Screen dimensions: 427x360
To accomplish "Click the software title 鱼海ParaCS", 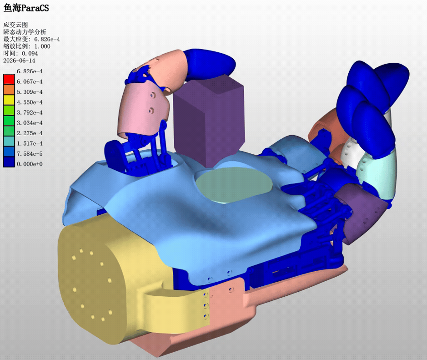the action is (x=26, y=8).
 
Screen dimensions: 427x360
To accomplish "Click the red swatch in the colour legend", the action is (x=9, y=79).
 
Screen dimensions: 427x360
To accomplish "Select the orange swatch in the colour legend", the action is (x=9, y=90).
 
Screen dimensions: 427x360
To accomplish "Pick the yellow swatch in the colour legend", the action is (x=9, y=100).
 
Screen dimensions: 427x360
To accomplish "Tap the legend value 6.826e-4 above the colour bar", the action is (x=30, y=71).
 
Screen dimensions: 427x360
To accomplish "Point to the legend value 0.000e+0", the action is (x=30, y=164).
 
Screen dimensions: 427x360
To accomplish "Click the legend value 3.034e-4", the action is (x=30, y=123).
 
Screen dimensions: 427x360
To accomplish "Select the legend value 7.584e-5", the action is (x=30, y=154).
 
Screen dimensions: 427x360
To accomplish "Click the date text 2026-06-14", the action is (x=19, y=61).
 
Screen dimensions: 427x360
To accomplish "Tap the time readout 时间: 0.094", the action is (x=20, y=53).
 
